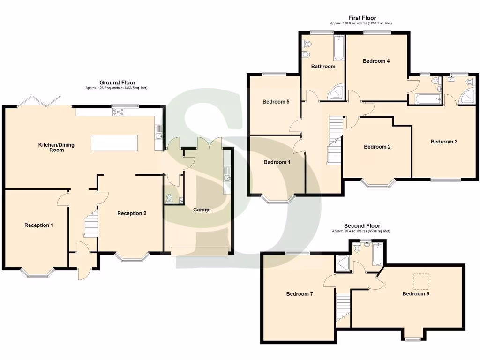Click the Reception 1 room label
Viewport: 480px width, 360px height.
[x=39, y=225]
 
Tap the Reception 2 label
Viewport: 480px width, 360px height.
[x=132, y=213]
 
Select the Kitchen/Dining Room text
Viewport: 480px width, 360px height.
[x=56, y=147]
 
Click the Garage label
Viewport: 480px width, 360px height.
[x=202, y=210]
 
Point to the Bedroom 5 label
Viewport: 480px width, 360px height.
[x=276, y=102]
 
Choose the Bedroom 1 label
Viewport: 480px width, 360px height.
[x=277, y=162]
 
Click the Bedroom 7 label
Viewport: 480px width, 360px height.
[x=300, y=294]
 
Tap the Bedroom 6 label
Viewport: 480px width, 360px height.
[x=416, y=294]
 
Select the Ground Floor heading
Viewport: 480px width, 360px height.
[x=117, y=82]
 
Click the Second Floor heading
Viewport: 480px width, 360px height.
[x=362, y=226]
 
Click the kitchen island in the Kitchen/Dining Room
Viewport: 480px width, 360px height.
[x=115, y=143]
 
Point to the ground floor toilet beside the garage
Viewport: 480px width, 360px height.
[x=169, y=199]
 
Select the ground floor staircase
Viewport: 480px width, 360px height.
[x=91, y=223]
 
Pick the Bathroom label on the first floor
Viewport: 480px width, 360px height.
[x=323, y=67]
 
